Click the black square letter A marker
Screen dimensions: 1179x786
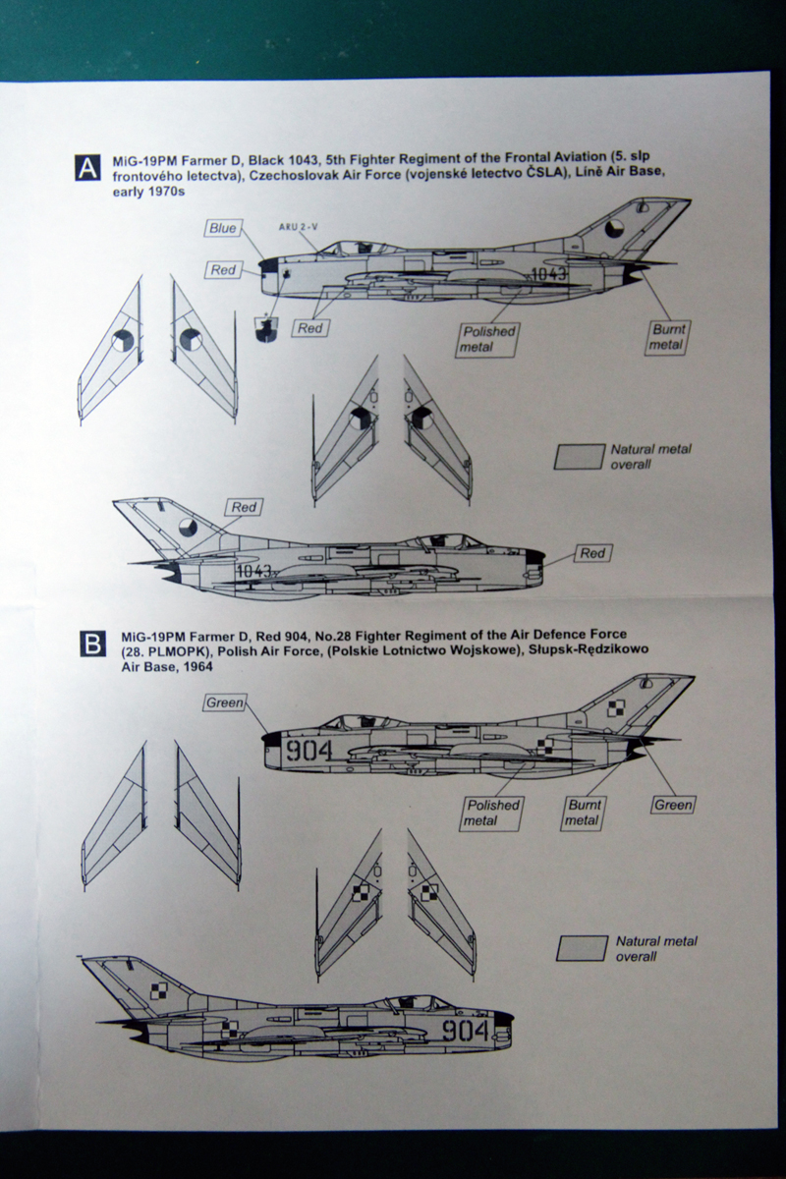click(x=87, y=168)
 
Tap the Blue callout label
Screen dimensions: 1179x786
click(x=223, y=228)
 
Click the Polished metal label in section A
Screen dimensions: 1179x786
click(x=488, y=339)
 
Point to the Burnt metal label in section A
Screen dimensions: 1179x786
click(x=668, y=337)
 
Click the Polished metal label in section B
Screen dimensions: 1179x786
click(x=493, y=813)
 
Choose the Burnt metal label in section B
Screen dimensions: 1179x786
click(x=582, y=813)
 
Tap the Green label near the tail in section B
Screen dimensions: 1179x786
click(x=674, y=805)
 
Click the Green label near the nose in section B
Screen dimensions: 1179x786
click(x=224, y=702)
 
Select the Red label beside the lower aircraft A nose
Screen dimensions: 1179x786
click(x=592, y=554)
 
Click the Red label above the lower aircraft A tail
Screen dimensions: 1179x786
click(x=245, y=507)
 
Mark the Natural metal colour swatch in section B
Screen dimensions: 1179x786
click(x=582, y=948)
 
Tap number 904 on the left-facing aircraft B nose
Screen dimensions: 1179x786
click(x=464, y=1030)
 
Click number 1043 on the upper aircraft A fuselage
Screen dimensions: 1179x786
click(x=546, y=274)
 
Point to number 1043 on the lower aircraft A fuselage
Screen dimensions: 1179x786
click(x=253, y=571)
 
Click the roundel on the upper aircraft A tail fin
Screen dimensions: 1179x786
click(x=611, y=230)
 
